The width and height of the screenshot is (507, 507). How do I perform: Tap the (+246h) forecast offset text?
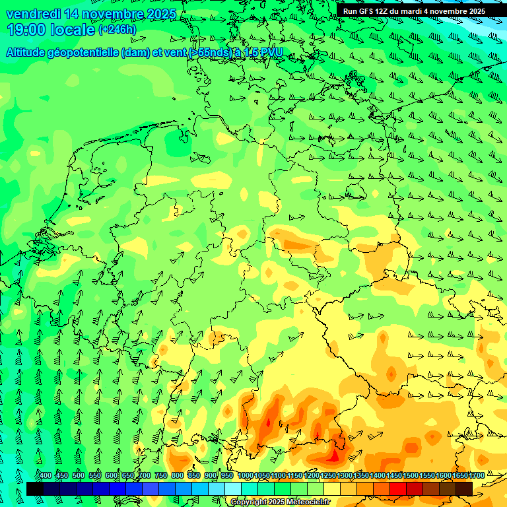click(118, 30)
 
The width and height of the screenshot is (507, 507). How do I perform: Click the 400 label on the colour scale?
click(46, 476)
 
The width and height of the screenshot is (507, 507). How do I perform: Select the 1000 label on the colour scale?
click(245, 476)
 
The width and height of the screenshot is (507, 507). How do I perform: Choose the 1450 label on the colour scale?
click(394, 476)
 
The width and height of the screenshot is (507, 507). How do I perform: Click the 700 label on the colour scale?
click(145, 476)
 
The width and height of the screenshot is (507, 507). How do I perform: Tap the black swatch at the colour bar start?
click(35, 489)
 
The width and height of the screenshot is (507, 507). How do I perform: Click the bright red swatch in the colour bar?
click(398, 489)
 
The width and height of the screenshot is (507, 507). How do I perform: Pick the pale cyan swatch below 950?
click(232, 489)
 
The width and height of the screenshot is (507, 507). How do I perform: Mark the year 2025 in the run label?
click(473, 11)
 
